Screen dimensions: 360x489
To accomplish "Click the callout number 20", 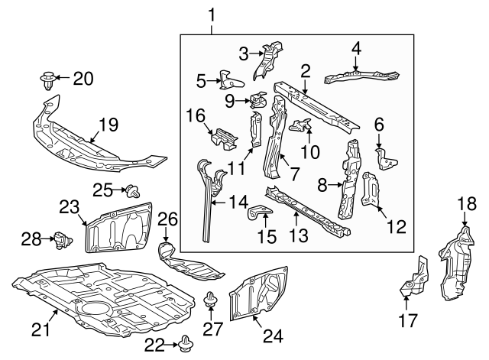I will pyautogui.click(x=83, y=77).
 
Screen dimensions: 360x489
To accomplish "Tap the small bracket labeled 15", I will pyautogui.click(x=260, y=213).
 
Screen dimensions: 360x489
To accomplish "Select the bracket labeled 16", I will pyautogui.click(x=224, y=141).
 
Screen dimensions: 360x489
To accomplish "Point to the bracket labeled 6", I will pyautogui.click(x=387, y=157).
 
